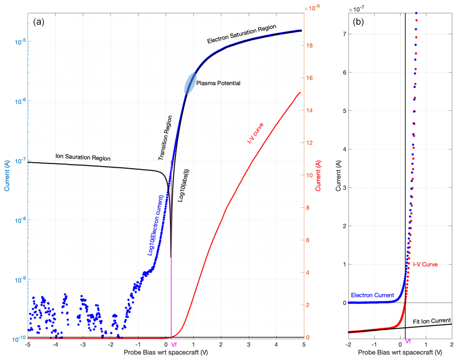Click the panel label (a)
(x=39, y=21)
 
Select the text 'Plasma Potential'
(x=218, y=83)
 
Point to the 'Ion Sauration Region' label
(x=83, y=157)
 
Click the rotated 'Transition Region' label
(x=165, y=138)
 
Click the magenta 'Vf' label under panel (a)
(x=174, y=345)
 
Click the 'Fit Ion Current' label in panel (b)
(x=432, y=321)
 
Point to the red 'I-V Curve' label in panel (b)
(x=425, y=264)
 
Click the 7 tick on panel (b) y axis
(x=345, y=34)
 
